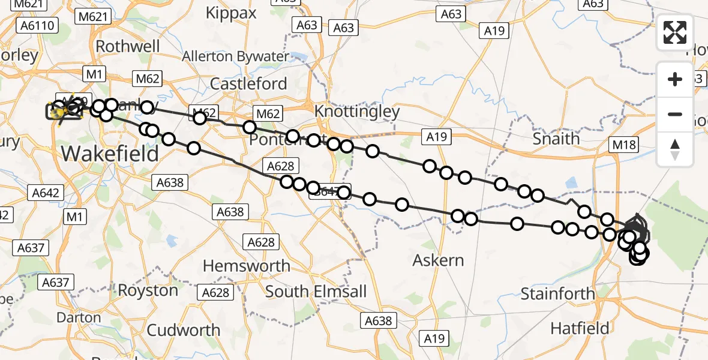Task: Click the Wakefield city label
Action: pos(110,154)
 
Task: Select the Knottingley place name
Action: pos(357,112)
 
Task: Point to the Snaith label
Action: pos(556,139)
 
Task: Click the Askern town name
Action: pos(439,260)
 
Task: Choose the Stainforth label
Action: pos(558,294)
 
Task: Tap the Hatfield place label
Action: pos(580,328)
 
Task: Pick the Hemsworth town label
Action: pos(247,266)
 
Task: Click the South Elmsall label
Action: pos(316,292)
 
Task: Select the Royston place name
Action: pos(148,290)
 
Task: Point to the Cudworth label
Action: pos(184,330)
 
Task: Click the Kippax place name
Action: pos(231,13)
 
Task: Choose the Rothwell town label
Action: pos(128,46)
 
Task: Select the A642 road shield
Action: pos(45,192)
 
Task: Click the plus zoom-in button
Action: pos(675,79)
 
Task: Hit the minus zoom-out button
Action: pos(675,114)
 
